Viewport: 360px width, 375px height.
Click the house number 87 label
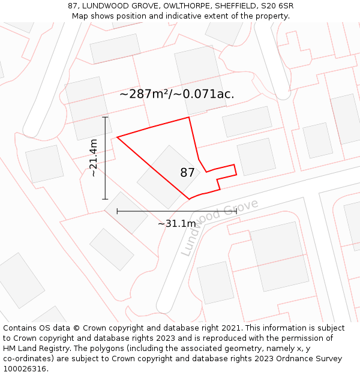tap(187, 173)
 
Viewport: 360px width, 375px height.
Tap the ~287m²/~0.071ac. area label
tap(176, 94)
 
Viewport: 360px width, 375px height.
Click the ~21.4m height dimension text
tap(93, 158)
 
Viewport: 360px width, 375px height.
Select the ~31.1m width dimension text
tap(176, 224)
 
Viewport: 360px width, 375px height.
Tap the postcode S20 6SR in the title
tap(276, 6)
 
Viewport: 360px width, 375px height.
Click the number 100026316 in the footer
tap(25, 368)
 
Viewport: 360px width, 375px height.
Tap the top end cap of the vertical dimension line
tap(106, 118)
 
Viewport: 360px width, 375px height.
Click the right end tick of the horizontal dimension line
tap(236, 211)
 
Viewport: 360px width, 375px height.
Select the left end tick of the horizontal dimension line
tap(117, 211)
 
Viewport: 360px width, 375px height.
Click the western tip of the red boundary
tap(117, 137)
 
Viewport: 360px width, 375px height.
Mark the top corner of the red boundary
tap(189, 117)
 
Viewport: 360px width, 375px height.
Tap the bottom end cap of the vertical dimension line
tap(106, 199)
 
